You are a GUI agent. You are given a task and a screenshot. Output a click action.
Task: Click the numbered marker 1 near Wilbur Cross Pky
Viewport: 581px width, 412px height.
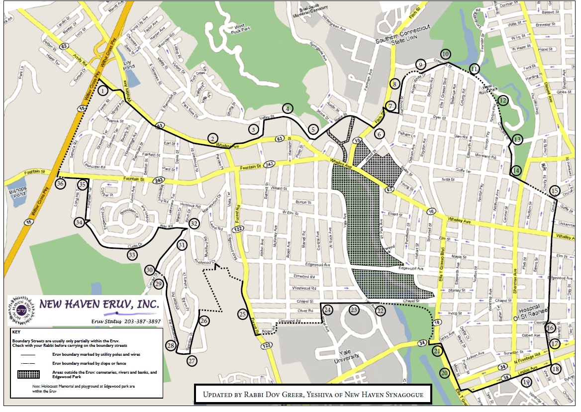coord(102,91)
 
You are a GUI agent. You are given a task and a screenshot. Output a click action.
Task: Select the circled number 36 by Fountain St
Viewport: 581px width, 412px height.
coord(60,184)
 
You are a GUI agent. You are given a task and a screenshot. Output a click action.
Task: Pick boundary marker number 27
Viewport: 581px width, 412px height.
coord(192,361)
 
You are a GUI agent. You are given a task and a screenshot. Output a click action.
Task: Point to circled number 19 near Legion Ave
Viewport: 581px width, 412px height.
coord(527,382)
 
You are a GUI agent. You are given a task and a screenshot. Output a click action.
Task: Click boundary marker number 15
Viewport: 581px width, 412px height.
coord(555,191)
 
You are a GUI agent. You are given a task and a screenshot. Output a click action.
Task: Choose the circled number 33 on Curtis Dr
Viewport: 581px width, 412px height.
coord(132,255)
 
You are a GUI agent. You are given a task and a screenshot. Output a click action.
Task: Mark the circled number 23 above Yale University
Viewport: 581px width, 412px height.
coord(354,310)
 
